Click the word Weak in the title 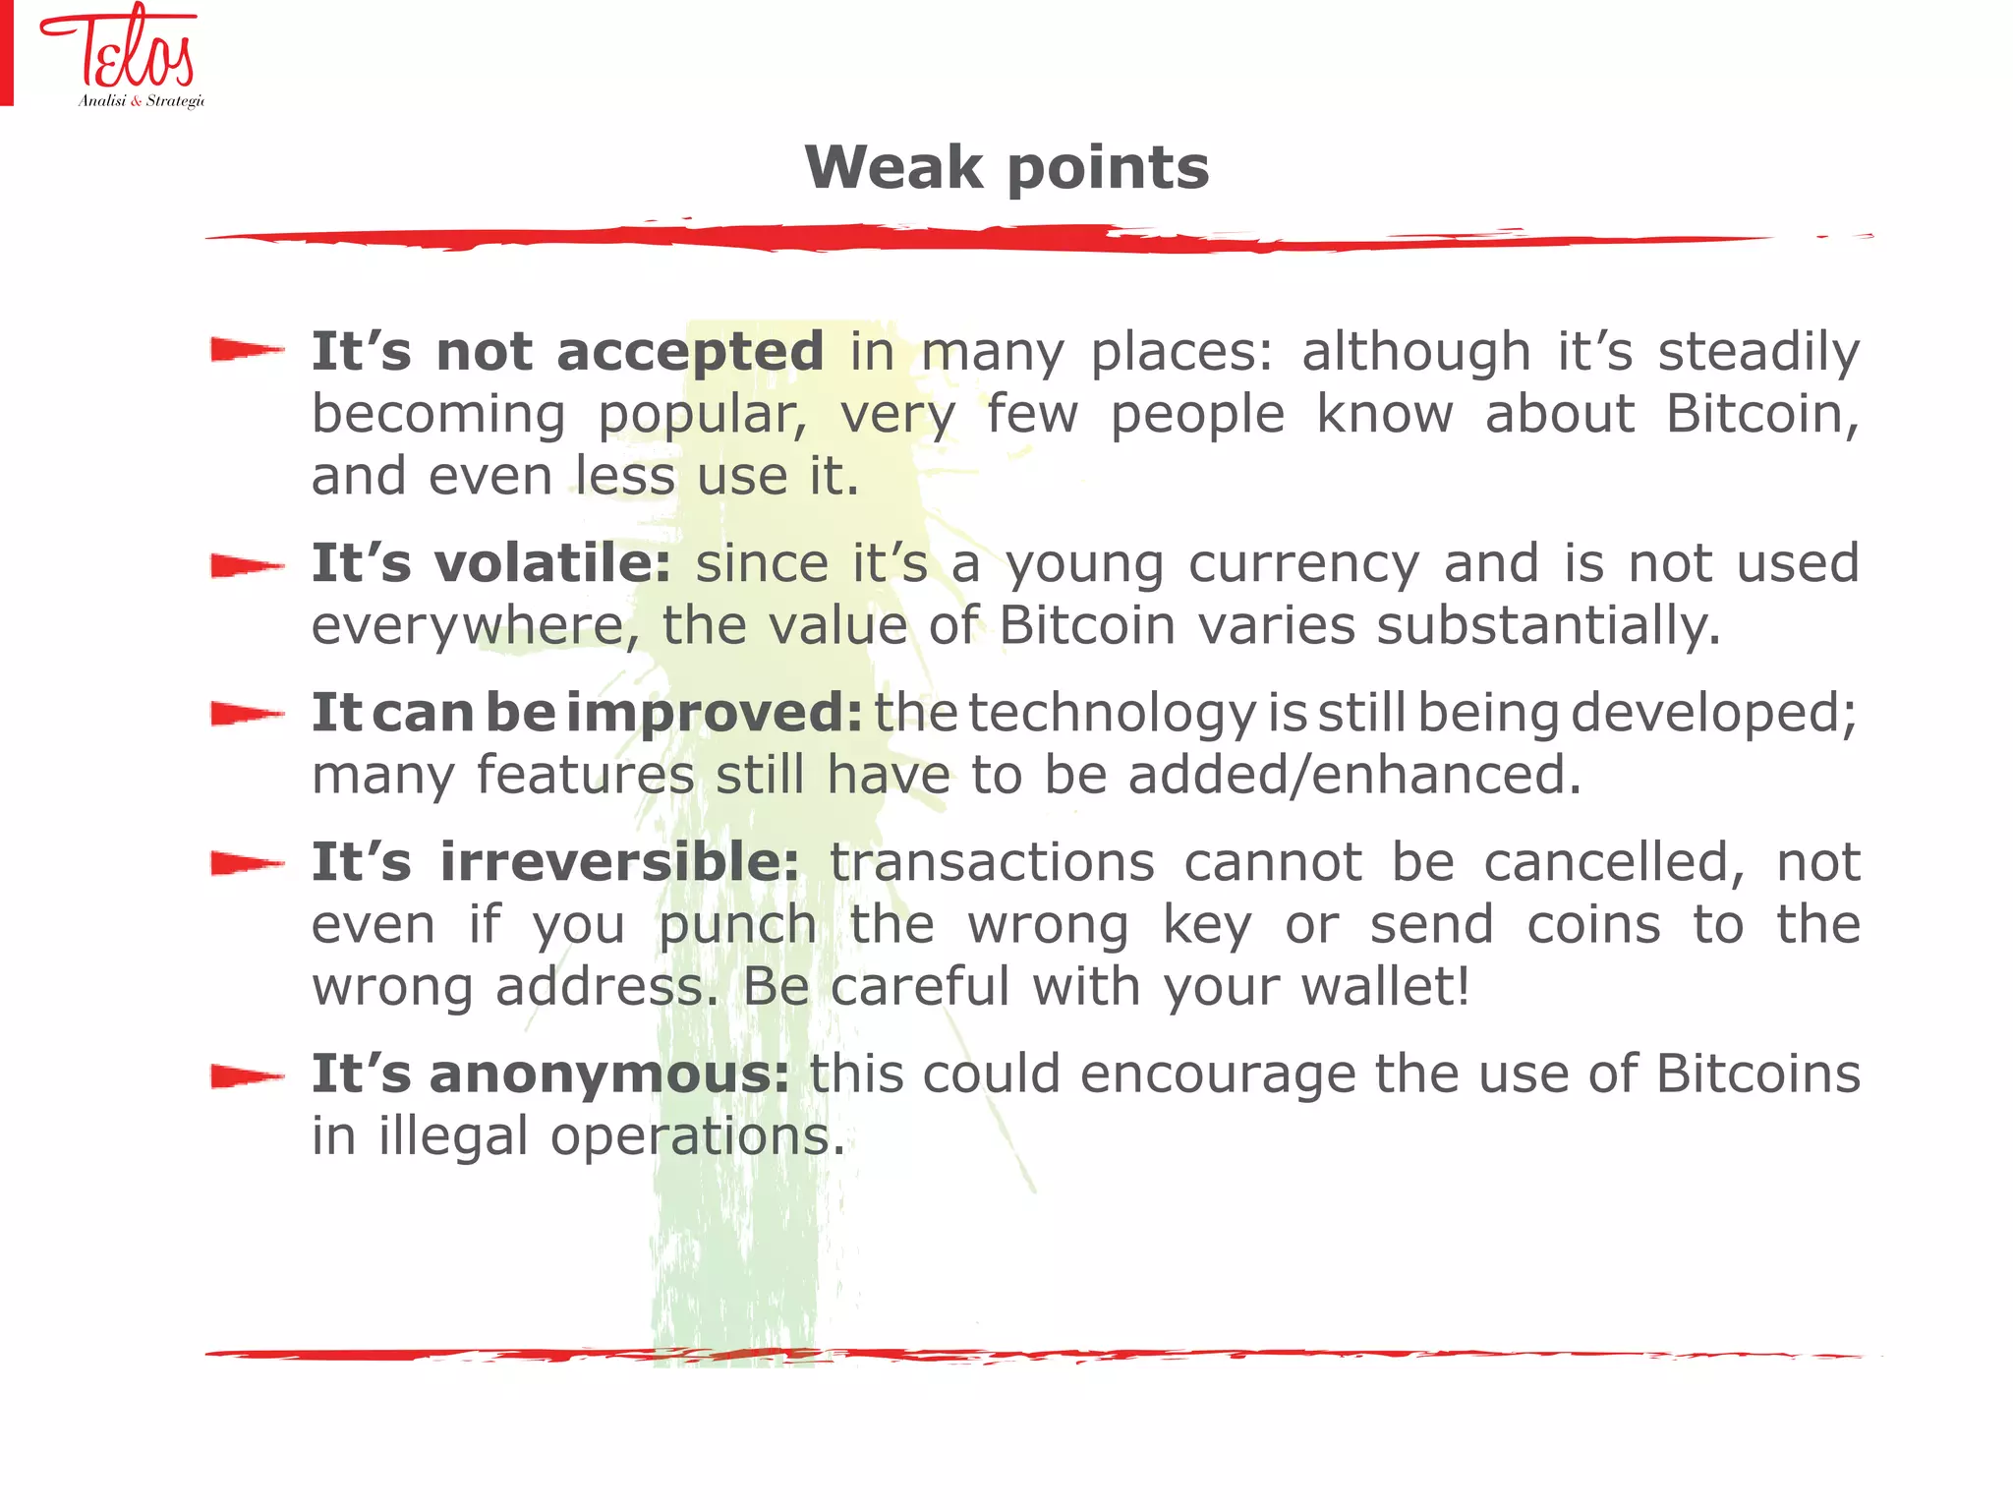[x=892, y=167]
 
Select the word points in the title [x=1108, y=169]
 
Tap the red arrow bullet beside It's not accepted [x=247, y=350]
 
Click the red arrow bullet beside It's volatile [x=247, y=565]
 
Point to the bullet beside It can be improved [x=247, y=714]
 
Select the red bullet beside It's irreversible [x=247, y=863]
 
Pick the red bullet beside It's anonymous [x=247, y=1076]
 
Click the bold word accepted [x=690, y=352]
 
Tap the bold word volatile [x=552, y=563]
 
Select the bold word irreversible [x=619, y=862]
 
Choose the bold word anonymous [x=609, y=1074]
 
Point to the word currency [x=1303, y=565]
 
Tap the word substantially [x=1547, y=626]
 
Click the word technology [x=1112, y=715]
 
